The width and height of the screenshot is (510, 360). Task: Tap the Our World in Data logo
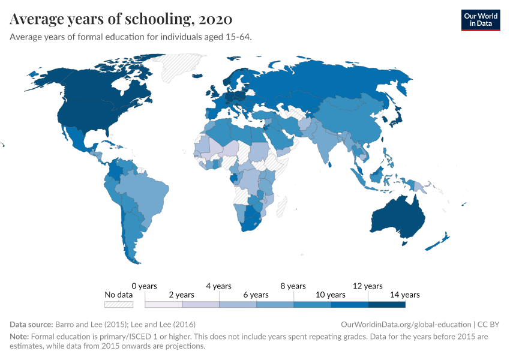point(480,20)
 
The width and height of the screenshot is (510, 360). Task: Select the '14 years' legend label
point(404,295)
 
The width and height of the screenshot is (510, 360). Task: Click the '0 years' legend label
point(144,286)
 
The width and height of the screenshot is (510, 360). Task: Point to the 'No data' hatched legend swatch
point(118,304)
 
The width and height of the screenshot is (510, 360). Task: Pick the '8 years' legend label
point(293,286)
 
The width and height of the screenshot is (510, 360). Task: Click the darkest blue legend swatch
point(386,304)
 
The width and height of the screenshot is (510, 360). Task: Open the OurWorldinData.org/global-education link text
point(406,324)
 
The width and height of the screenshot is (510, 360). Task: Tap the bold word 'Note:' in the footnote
point(19,337)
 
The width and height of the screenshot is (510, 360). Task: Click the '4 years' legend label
point(218,286)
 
